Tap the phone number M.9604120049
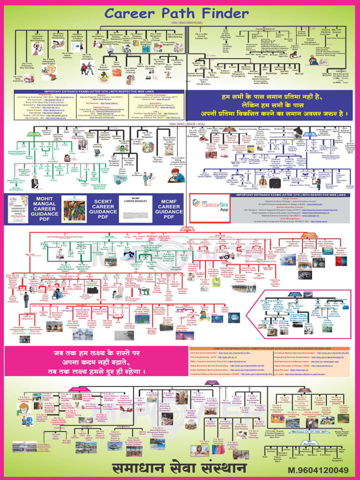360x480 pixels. [x=318, y=470]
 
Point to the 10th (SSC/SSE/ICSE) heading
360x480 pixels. [x=187, y=22]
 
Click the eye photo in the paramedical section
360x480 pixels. [x=304, y=265]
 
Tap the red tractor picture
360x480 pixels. [x=229, y=256]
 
